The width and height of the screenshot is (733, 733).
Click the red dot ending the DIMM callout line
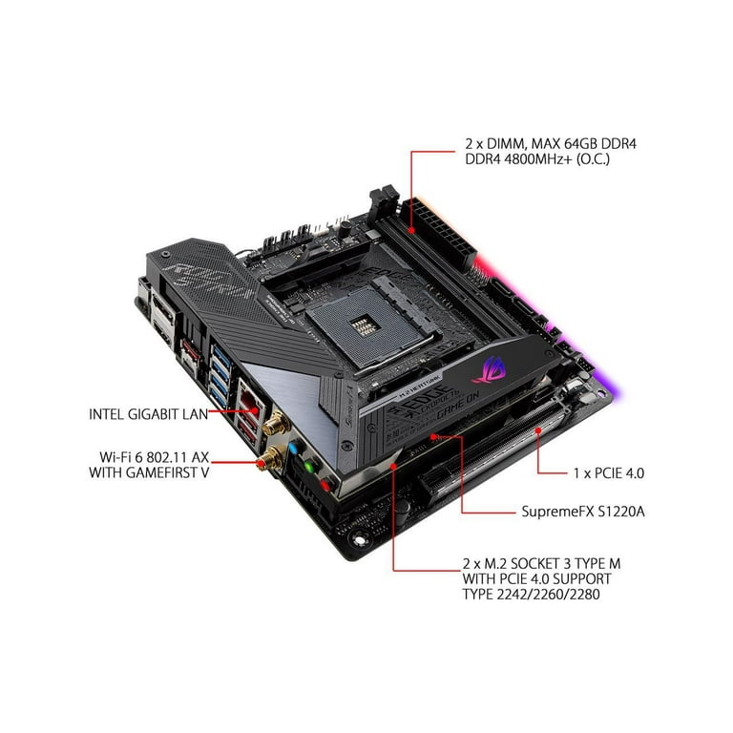point(411,230)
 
